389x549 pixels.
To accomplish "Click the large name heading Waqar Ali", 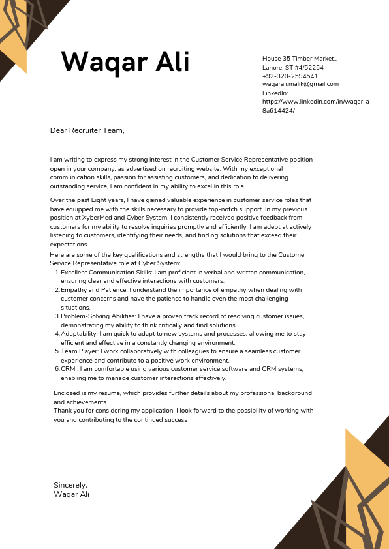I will pos(125,63).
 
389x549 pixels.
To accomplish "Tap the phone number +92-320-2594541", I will pos(290,76).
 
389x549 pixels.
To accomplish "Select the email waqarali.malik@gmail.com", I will pos(300,84).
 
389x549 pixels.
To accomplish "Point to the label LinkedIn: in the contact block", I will pos(275,93).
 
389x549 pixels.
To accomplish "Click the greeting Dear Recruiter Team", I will pos(87,130).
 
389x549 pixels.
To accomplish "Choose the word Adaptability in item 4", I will pos(79,333).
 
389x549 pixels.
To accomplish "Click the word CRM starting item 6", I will pos(68,369).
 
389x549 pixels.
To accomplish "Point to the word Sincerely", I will pos(70,485).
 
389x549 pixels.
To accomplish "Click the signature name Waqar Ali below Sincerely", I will pos(71,494).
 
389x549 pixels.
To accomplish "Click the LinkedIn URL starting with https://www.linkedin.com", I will pos(317,102).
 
